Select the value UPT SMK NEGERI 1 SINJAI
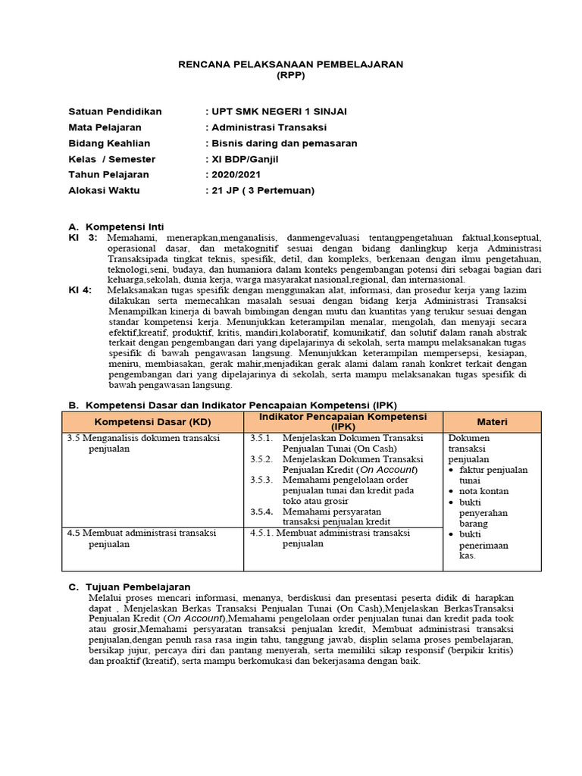277,111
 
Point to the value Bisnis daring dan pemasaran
283,143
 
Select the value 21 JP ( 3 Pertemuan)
261,191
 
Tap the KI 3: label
83,237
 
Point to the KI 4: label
80,290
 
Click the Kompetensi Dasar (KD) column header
153,421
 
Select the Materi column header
492,421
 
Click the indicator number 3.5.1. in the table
261,438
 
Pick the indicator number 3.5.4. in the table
261,512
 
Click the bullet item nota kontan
483,491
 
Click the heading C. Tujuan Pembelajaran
130,587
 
